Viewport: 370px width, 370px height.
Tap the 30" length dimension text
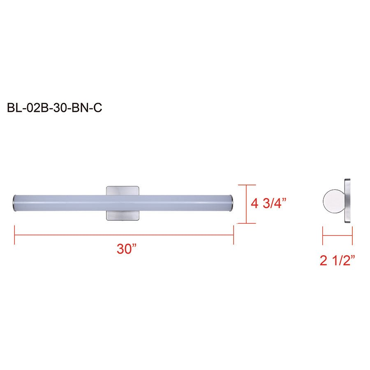126,249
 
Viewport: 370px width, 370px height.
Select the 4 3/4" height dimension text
268,203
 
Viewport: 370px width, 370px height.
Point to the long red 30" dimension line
123,235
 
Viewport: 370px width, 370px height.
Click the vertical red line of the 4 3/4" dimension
246,204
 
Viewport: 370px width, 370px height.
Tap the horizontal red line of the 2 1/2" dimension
338,235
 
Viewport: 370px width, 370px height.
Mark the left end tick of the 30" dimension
15,235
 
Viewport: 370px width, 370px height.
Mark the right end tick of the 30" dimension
233,235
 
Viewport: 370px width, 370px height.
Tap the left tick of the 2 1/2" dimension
323,235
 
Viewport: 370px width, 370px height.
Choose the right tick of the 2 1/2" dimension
352,235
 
